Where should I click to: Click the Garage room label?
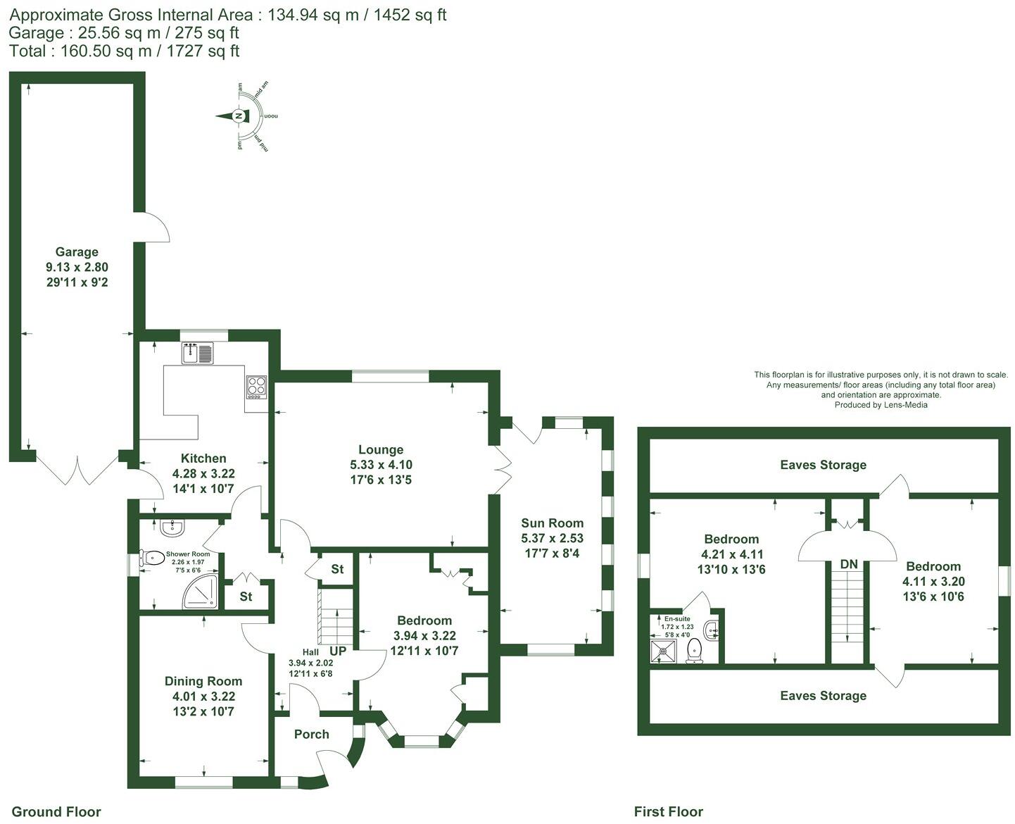point(77,252)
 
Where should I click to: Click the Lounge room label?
point(381,449)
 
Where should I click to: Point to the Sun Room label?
point(552,523)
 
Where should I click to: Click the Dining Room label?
point(203,681)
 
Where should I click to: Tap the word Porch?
point(312,734)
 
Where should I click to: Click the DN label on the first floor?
point(849,564)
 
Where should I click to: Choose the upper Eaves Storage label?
point(823,465)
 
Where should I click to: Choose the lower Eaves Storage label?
point(823,696)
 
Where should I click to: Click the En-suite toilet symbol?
point(695,651)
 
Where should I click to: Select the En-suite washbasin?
point(712,629)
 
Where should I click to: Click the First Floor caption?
point(668,811)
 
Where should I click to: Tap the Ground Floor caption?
point(56,811)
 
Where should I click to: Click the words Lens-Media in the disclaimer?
point(905,405)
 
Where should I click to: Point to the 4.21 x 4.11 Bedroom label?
point(732,539)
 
